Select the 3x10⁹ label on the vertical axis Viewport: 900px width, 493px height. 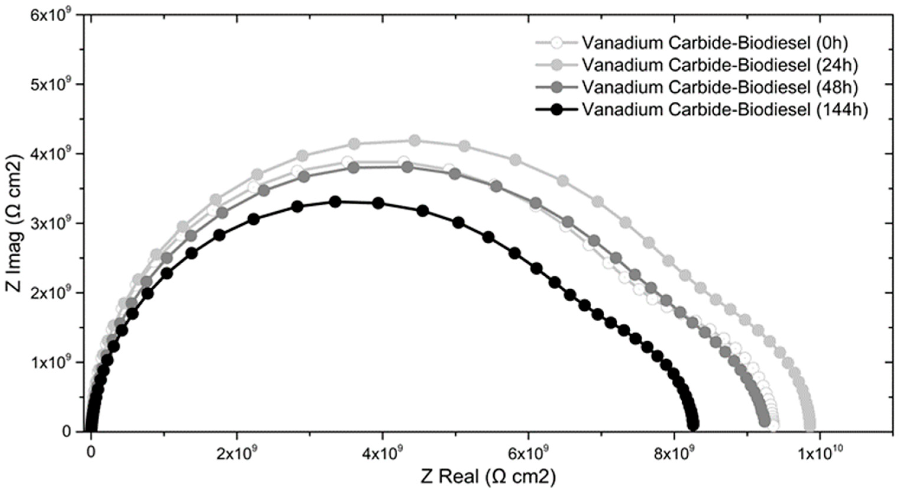point(52,223)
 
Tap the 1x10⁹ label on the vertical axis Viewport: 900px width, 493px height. point(52,363)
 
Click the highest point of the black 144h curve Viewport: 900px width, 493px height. point(335,202)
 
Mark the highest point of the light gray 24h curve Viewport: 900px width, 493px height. point(414,140)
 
